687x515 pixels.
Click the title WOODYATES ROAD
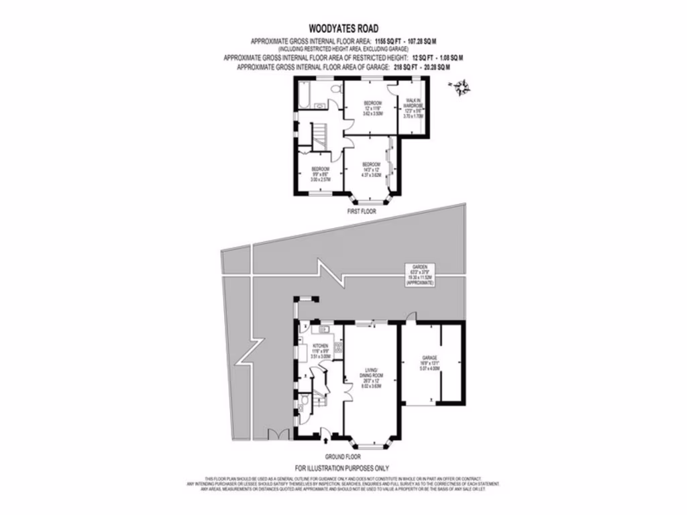point(343,28)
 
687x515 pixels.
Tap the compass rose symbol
point(461,86)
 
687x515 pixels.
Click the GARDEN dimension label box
point(420,275)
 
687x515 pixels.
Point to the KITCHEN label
point(319,352)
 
